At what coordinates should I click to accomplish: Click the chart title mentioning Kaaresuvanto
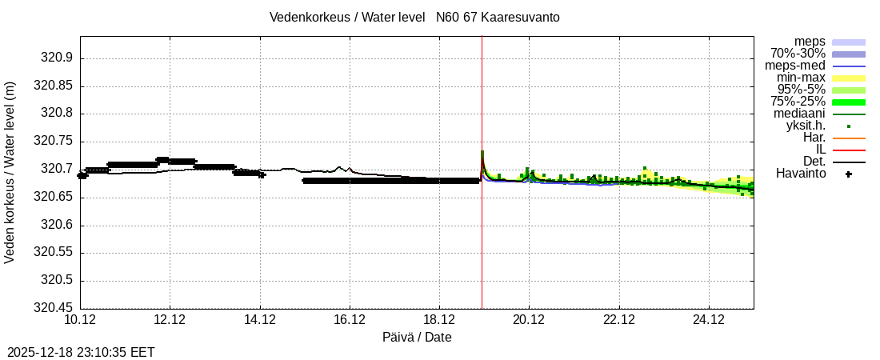coord(414,17)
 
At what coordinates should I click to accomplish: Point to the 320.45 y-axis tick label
coord(53,308)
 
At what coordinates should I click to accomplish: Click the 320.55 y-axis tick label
coord(53,253)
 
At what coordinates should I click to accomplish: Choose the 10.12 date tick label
coord(80,320)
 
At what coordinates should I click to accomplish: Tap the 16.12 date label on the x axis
coord(349,320)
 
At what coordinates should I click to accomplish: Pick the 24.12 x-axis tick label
coord(708,320)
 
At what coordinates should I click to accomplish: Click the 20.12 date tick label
coord(528,320)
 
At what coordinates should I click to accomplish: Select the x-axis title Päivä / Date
coord(416,338)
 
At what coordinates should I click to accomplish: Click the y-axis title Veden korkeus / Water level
coord(10,172)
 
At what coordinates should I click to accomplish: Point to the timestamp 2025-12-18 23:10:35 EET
coord(81,352)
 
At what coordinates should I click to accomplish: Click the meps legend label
coord(810,42)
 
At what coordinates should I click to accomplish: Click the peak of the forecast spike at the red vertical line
coord(482,151)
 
